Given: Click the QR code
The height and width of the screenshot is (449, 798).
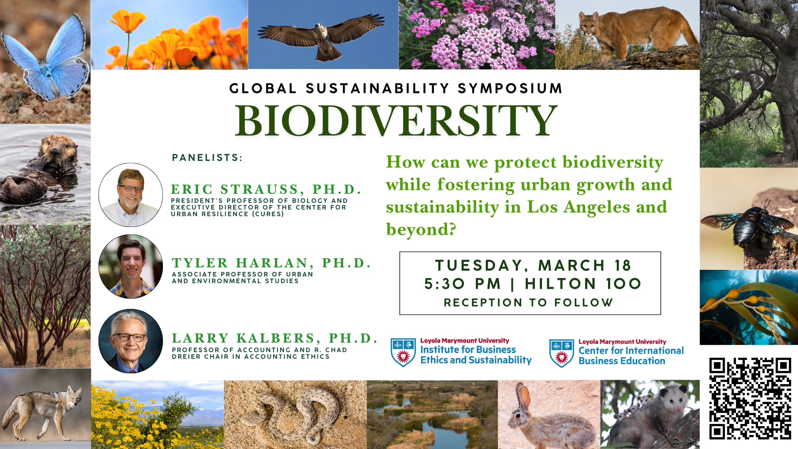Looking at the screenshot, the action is pyautogui.click(x=750, y=398).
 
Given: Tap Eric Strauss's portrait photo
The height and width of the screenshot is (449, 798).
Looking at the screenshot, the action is pyautogui.click(x=131, y=195).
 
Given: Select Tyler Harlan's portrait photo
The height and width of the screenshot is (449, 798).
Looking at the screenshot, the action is pyautogui.click(x=131, y=266).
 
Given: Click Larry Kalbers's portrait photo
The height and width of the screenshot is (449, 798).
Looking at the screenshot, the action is pyautogui.click(x=131, y=341).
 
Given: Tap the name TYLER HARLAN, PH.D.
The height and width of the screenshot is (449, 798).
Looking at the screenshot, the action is pyautogui.click(x=271, y=263).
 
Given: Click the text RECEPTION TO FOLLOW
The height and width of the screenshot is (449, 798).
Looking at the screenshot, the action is pyautogui.click(x=529, y=303).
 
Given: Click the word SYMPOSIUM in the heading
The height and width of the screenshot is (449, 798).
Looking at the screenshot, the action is pyautogui.click(x=510, y=89).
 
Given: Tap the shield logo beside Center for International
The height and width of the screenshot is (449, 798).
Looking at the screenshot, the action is pyautogui.click(x=562, y=353).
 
